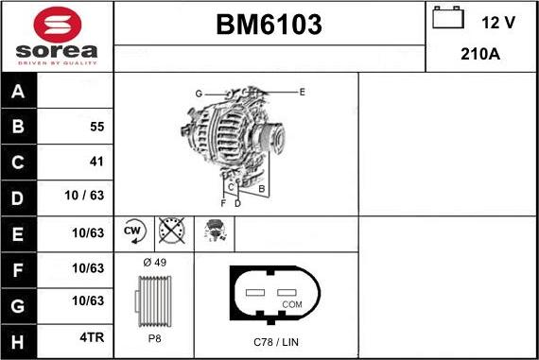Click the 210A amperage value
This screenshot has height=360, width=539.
pyautogui.click(x=479, y=54)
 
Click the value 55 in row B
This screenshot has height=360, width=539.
pyautogui.click(x=96, y=127)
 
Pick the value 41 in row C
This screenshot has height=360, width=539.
pyautogui.click(x=96, y=162)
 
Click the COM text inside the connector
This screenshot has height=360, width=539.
pyautogui.click(x=292, y=304)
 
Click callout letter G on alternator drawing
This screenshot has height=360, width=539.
pyautogui.click(x=199, y=94)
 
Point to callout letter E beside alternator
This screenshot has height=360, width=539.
pyautogui.click(x=302, y=92)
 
